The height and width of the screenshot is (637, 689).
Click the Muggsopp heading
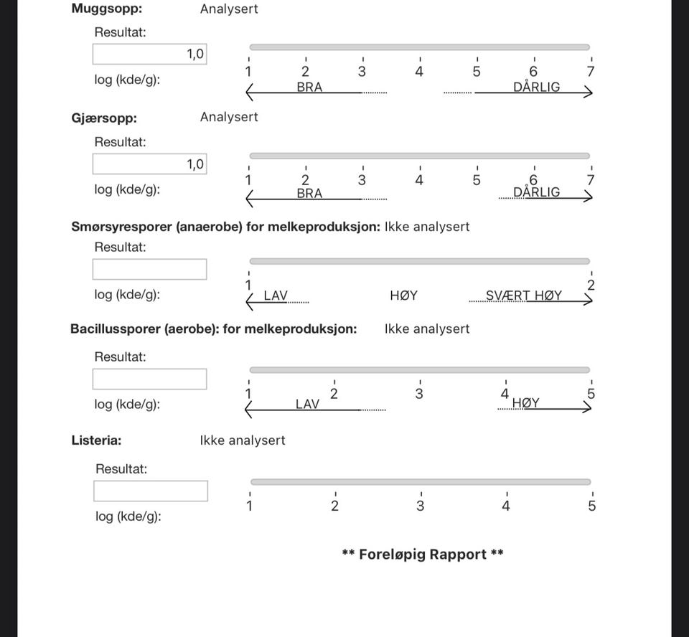click(x=106, y=9)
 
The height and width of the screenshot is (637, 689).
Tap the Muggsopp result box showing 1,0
click(x=149, y=54)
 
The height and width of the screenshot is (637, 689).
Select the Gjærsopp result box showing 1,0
click(x=149, y=164)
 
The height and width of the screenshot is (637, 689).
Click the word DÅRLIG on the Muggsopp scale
click(x=536, y=88)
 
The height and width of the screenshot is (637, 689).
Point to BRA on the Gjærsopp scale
click(x=309, y=194)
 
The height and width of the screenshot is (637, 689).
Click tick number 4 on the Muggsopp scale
click(x=419, y=72)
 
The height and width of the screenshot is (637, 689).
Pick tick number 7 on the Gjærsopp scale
click(x=591, y=180)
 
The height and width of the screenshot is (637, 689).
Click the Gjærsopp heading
click(x=104, y=118)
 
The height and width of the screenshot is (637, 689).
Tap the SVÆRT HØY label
click(x=524, y=296)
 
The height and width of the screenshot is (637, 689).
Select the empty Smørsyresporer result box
click(x=149, y=269)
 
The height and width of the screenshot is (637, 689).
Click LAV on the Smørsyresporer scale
click(x=276, y=296)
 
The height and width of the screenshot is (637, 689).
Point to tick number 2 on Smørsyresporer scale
click(x=591, y=286)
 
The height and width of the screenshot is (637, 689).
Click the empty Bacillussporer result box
click(x=149, y=379)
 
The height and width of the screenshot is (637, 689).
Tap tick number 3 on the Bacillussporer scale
click(x=419, y=394)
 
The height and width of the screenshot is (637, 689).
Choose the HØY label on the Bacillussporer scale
click(x=525, y=403)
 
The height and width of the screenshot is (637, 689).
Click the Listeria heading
click(x=96, y=440)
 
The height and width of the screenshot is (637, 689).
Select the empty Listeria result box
click(x=151, y=491)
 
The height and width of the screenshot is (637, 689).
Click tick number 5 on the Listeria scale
click(x=592, y=506)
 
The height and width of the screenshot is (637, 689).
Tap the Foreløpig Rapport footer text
click(x=423, y=555)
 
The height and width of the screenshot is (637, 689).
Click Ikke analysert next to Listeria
click(x=242, y=440)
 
